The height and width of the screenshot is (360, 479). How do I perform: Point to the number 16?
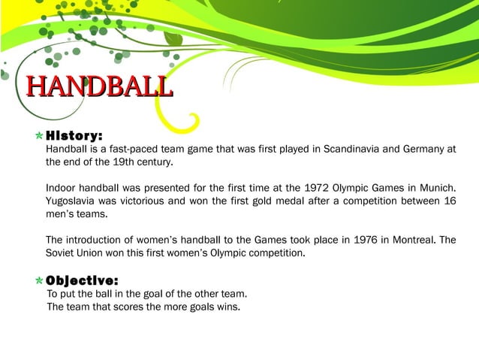tap(450, 201)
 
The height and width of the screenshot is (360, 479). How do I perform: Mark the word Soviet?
tap(62, 254)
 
